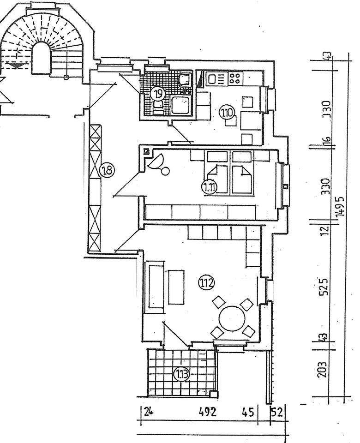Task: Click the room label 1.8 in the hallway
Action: click(x=107, y=171)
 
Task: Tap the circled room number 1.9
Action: click(x=158, y=94)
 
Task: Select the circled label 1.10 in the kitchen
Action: click(x=228, y=112)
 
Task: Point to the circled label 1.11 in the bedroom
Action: click(x=210, y=187)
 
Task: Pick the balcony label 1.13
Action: click(x=181, y=374)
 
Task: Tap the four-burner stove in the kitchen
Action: click(x=235, y=78)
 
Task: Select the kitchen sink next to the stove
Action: click(x=215, y=79)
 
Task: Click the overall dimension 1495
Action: click(x=341, y=206)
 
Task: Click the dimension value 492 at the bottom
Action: click(x=208, y=412)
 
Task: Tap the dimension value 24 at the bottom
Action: click(x=148, y=412)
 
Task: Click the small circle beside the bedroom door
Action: click(x=165, y=172)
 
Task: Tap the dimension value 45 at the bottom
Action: click(x=248, y=412)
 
